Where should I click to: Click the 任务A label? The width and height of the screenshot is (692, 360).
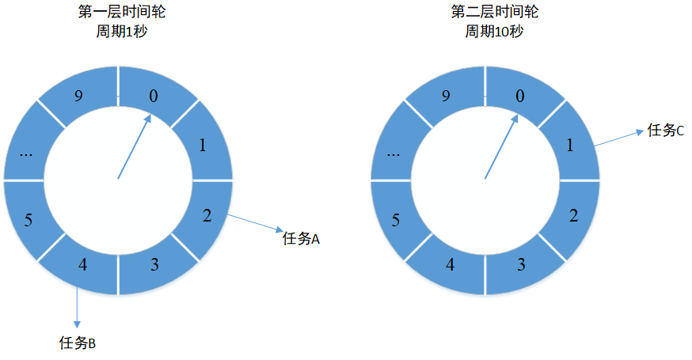[300, 238]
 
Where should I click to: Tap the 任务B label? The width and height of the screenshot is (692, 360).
[78, 343]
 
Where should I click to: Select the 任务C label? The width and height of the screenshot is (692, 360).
[665, 131]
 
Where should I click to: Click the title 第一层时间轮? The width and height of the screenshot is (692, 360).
[118, 13]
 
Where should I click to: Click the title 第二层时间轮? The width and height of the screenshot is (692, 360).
[484, 13]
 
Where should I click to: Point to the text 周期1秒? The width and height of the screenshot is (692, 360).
[118, 32]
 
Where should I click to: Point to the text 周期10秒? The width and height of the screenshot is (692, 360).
[484, 32]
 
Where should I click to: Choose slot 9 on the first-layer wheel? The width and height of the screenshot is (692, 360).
[78, 97]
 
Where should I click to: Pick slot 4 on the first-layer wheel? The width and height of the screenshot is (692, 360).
[82, 264]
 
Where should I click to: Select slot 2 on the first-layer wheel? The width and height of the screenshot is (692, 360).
[206, 215]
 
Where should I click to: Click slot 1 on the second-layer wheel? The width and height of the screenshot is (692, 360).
[571, 146]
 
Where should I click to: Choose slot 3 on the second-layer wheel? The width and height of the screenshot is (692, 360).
[521, 264]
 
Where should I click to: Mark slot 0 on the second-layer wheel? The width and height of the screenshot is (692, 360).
[520, 97]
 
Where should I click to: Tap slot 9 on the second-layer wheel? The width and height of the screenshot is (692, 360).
[446, 97]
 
